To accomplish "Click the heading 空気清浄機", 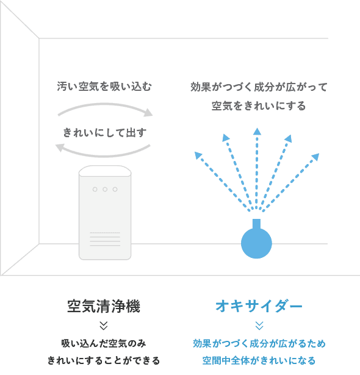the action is click(104, 306).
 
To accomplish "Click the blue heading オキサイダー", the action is click(259, 306).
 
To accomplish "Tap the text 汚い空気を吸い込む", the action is click(104, 87).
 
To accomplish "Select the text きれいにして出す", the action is click(104, 132).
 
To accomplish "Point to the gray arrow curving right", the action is click(104, 104).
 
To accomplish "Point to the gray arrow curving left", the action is click(103, 156).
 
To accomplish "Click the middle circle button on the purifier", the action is click(105, 190).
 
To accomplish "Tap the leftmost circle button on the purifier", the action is click(95, 190).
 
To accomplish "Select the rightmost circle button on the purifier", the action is click(115, 190).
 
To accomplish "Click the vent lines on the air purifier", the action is click(105, 239).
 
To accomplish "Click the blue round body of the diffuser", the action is click(256, 243).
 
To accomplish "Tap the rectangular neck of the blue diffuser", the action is click(256, 224).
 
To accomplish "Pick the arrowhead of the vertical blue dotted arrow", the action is click(257, 131).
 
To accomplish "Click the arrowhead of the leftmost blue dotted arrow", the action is click(198, 155).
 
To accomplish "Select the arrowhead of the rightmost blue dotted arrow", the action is click(315, 157).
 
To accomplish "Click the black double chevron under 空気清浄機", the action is click(104, 326).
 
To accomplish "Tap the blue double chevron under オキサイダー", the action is click(259, 326).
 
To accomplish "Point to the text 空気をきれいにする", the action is click(259, 105).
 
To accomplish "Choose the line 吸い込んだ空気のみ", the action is click(104, 344).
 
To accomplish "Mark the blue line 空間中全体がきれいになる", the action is click(259, 360).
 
